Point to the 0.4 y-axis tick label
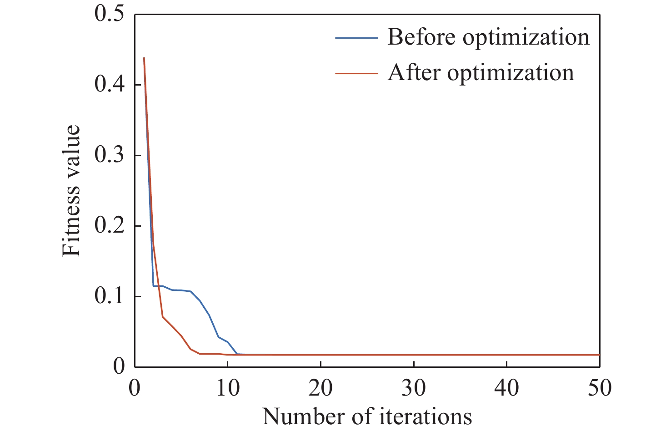[109, 85]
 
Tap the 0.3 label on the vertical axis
[109, 155]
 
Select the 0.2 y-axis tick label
[109, 226]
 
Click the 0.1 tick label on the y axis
[109, 296]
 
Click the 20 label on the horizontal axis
[321, 388]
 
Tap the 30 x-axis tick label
[414, 388]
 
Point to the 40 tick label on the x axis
[507, 388]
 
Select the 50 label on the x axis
[600, 388]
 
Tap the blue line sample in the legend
[356, 38]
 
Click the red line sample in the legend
[356, 73]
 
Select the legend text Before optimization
[488, 37]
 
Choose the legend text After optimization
[481, 73]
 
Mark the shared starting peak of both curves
[144, 58]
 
